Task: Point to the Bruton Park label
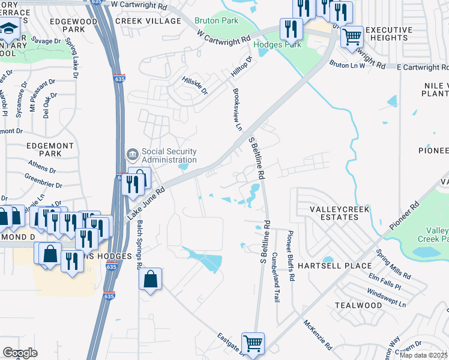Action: point(217,20)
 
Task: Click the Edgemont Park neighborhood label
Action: point(50,149)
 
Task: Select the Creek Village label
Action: point(148,21)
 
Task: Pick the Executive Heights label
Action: point(389,34)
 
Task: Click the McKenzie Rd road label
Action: point(318,335)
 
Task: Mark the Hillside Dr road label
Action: point(195,85)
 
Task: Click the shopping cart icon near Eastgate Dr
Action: point(253,344)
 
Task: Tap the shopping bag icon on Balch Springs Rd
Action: point(150,278)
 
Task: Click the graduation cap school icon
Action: point(9,28)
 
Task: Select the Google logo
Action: point(20,353)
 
